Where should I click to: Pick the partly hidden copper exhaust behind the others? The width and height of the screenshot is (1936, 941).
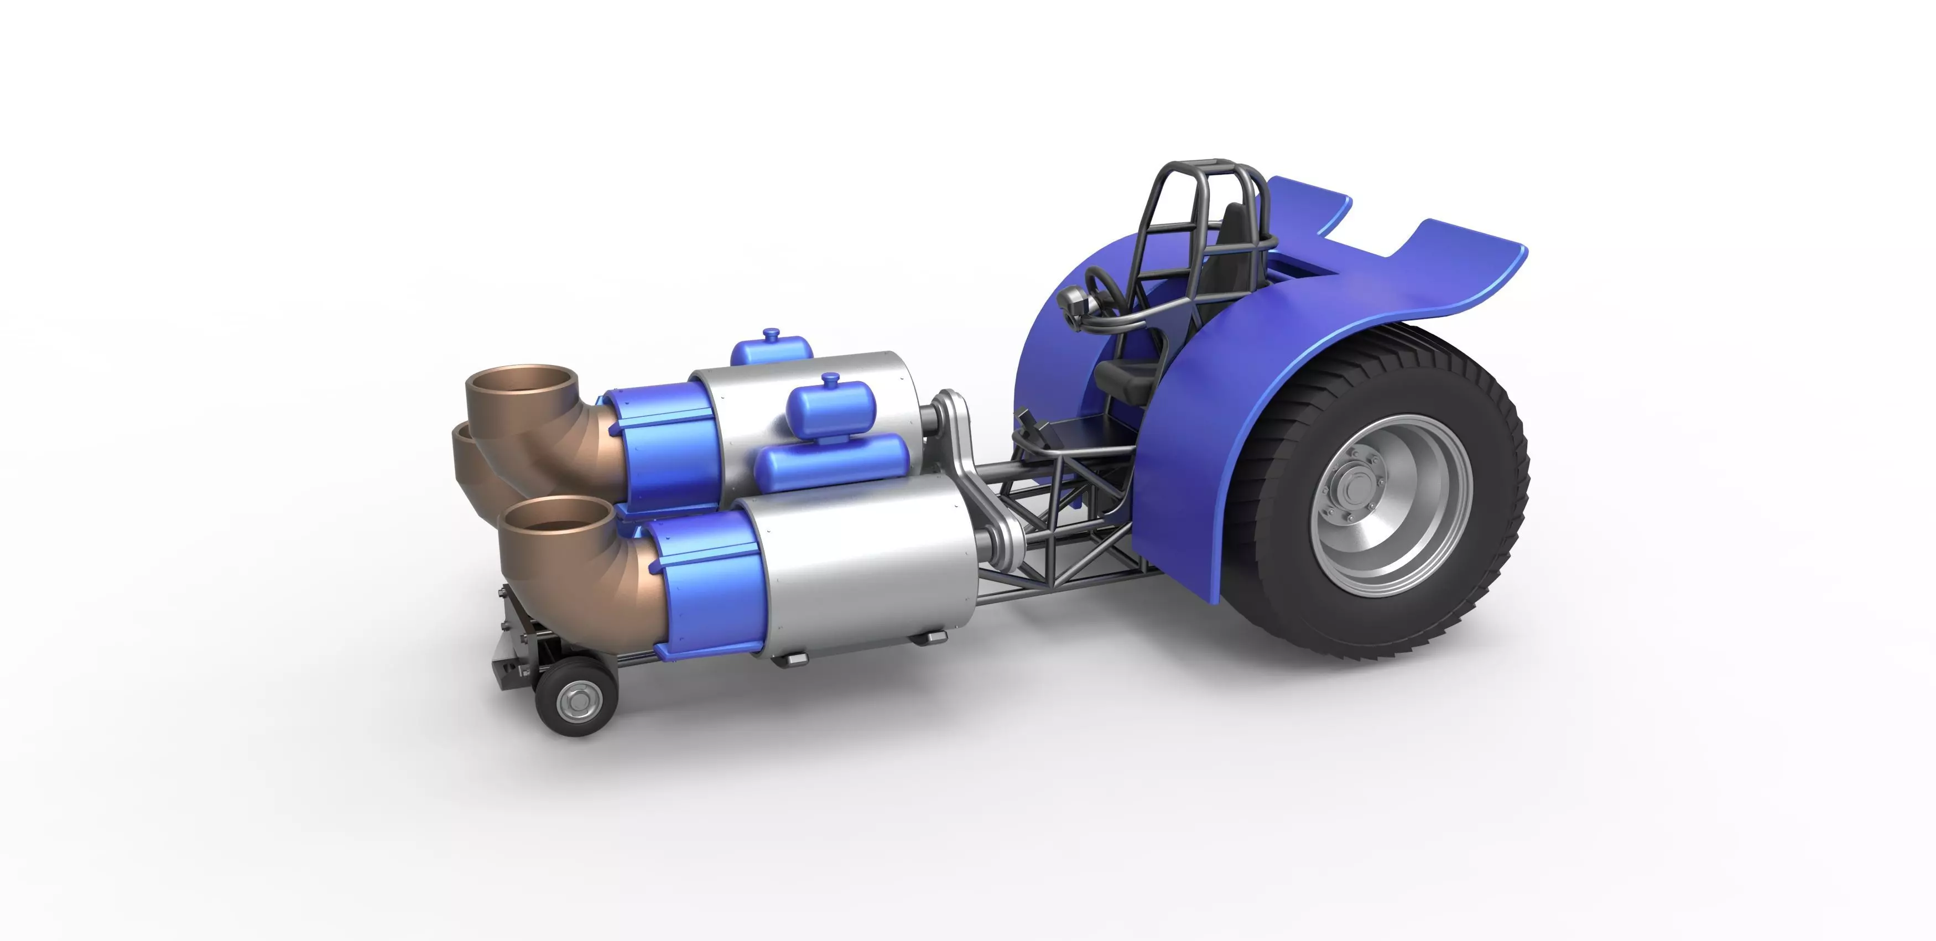(466, 459)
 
